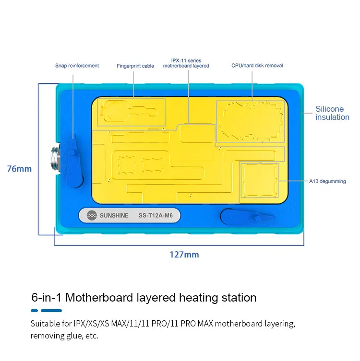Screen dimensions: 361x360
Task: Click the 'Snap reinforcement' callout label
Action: [x=77, y=66]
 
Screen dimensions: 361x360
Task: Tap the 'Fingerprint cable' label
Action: [x=135, y=66]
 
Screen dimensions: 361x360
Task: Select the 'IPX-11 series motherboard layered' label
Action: [x=186, y=63]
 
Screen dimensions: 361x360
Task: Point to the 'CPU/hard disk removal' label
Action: [x=257, y=66]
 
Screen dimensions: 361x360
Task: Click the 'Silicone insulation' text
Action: [x=332, y=113]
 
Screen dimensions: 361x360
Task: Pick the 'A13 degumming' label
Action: [x=327, y=181]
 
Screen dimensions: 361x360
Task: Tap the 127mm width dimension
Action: [x=184, y=255]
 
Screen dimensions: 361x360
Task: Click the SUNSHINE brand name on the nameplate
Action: [x=114, y=216]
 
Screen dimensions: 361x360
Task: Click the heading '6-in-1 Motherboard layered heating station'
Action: [x=144, y=298]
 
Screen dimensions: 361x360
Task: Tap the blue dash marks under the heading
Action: [x=47, y=311]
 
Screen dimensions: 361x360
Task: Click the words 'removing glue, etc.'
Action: [x=64, y=336]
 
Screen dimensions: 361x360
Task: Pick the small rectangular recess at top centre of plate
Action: [x=195, y=133]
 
